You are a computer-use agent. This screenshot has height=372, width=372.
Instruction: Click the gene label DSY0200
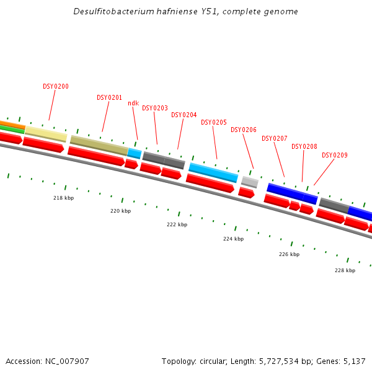56,86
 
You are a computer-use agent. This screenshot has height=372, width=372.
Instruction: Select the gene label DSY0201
109,97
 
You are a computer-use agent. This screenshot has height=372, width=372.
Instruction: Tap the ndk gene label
133,103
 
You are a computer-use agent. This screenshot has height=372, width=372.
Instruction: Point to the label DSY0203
154,108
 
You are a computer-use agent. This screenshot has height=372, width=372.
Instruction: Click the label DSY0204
184,115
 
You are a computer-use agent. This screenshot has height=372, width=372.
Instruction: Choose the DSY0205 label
213,122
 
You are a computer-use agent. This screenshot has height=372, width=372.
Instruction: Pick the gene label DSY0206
243,130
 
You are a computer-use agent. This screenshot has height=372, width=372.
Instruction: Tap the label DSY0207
274,138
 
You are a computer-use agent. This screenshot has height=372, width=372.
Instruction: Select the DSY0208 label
304,146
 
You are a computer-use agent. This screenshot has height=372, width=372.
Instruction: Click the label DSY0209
334,155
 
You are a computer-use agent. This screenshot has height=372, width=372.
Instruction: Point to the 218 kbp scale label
63,198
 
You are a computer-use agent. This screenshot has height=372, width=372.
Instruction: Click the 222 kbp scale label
177,224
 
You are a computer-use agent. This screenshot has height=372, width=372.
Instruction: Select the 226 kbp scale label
289,254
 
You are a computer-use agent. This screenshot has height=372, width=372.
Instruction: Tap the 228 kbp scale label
345,270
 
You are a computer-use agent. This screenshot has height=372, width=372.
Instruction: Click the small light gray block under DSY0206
249,182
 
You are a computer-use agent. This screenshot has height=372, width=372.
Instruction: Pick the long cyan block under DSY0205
213,172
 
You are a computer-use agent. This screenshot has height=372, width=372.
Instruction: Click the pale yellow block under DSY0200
45,134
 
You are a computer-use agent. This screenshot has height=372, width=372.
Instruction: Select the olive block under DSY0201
99,145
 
